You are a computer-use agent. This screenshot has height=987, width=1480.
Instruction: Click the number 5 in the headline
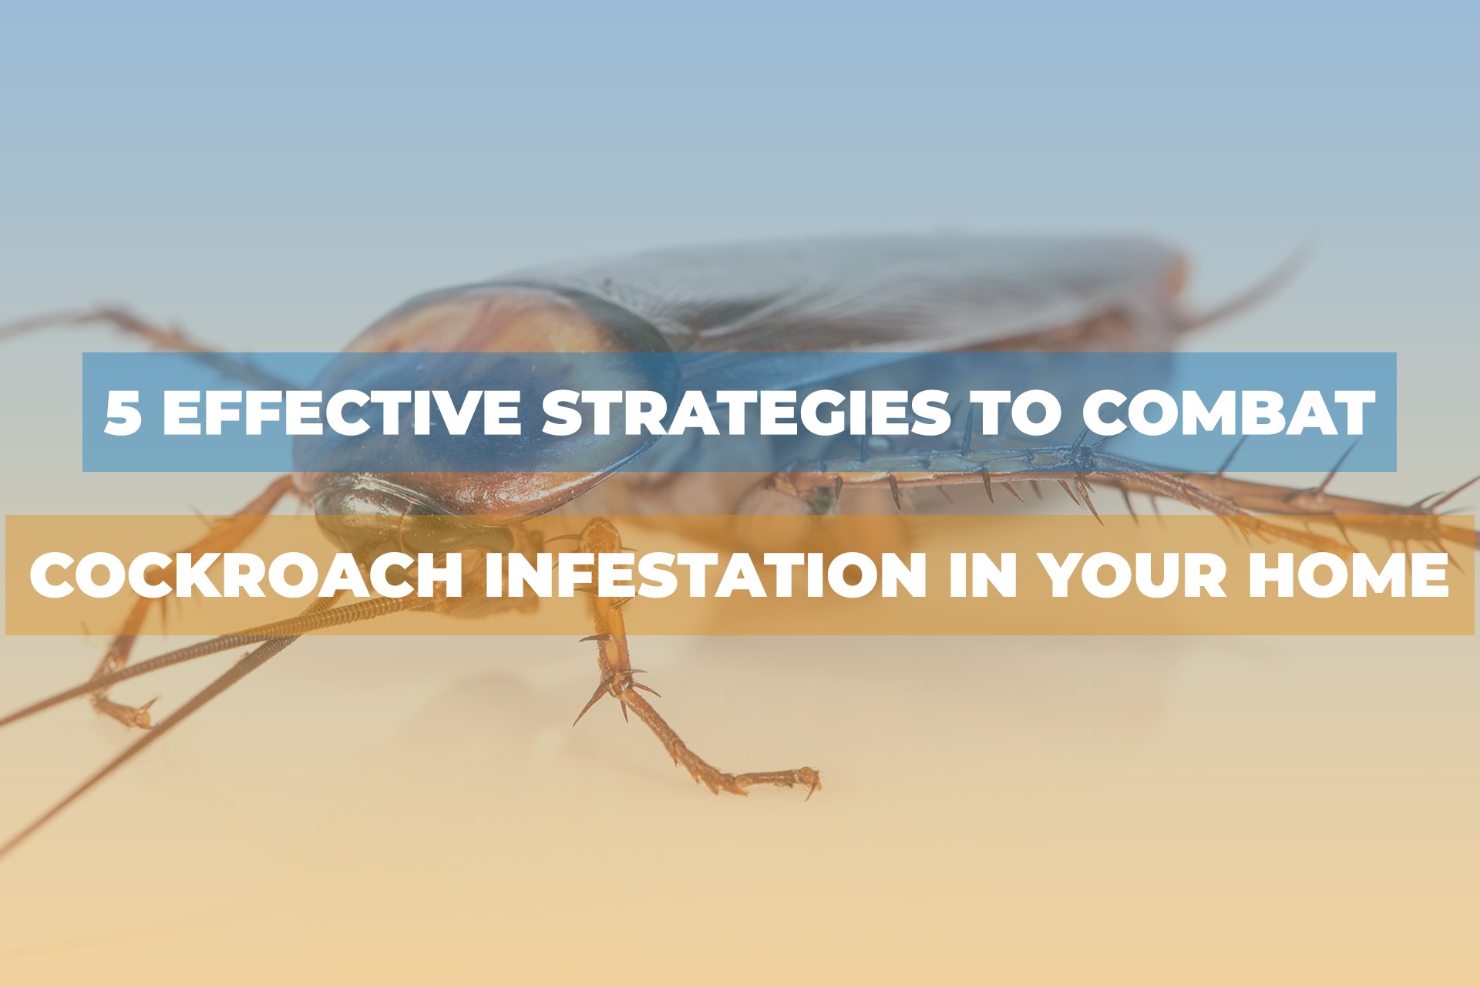click(123, 413)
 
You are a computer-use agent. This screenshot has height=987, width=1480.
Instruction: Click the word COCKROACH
click(247, 574)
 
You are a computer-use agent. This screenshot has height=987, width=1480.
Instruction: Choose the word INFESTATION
click(705, 574)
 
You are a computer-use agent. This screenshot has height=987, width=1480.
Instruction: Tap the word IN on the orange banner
click(981, 574)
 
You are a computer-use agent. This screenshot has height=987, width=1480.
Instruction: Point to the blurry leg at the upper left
click(116, 324)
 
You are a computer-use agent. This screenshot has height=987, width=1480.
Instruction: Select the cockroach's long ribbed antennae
click(231, 663)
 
